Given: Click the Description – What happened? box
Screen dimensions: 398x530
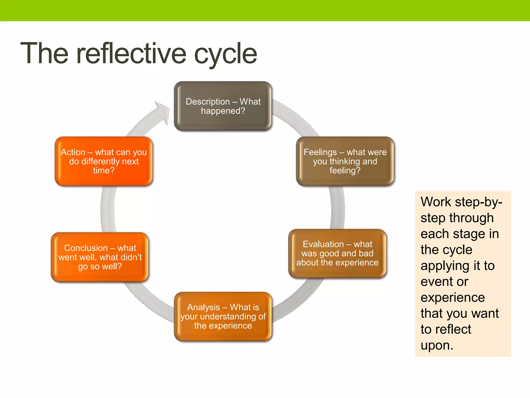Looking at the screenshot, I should point(223,106).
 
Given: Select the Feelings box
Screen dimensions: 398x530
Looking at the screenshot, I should point(345,161).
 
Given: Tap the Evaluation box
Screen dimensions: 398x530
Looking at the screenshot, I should point(337,253).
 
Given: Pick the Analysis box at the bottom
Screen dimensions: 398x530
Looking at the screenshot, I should point(223,316).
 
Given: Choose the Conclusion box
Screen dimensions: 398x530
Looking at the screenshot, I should point(100,257).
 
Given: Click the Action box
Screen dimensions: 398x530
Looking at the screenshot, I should point(104,161).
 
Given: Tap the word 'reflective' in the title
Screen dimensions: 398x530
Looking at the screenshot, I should point(131,54).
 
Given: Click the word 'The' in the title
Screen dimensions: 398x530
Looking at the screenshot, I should point(45,54).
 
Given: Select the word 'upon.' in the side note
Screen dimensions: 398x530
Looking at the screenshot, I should point(437,345).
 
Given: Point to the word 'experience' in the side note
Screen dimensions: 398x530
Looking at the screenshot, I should point(453,297).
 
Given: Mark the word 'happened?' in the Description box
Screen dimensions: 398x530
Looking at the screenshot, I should point(223,111).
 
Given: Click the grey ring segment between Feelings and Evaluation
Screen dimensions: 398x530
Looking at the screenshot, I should point(338,207).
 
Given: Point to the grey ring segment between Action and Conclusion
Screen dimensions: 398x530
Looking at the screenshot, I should point(108,209).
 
